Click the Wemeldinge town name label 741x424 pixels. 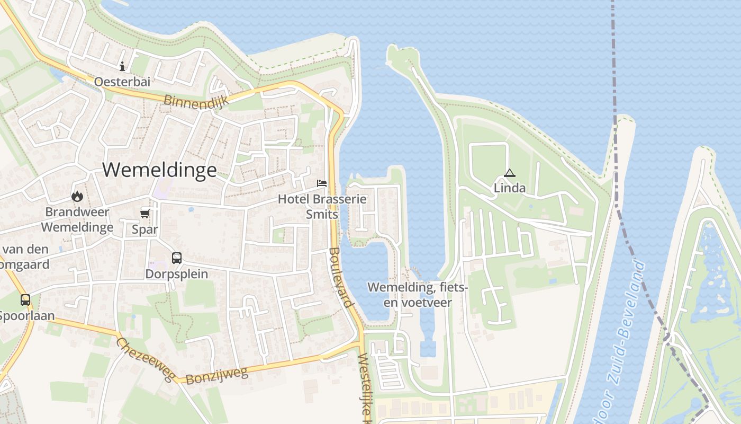click(159, 170)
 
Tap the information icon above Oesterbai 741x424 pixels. click(122, 66)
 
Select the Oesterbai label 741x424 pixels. click(122, 82)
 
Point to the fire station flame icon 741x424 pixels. click(77, 197)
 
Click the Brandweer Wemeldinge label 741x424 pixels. click(77, 220)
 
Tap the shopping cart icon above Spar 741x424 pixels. click(144, 214)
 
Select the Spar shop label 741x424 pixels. click(144, 229)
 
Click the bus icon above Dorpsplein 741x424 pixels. click(177, 258)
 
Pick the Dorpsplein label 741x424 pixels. click(177, 274)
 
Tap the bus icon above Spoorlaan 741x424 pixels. click(25, 300)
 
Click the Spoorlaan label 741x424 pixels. click(26, 316)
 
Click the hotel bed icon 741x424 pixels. click(322, 184)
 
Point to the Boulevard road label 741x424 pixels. click(340, 277)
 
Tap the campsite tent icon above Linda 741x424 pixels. click(509, 173)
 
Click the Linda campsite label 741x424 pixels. click(510, 188)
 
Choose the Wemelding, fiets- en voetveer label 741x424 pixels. click(418, 295)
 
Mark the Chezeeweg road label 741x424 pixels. click(145, 359)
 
